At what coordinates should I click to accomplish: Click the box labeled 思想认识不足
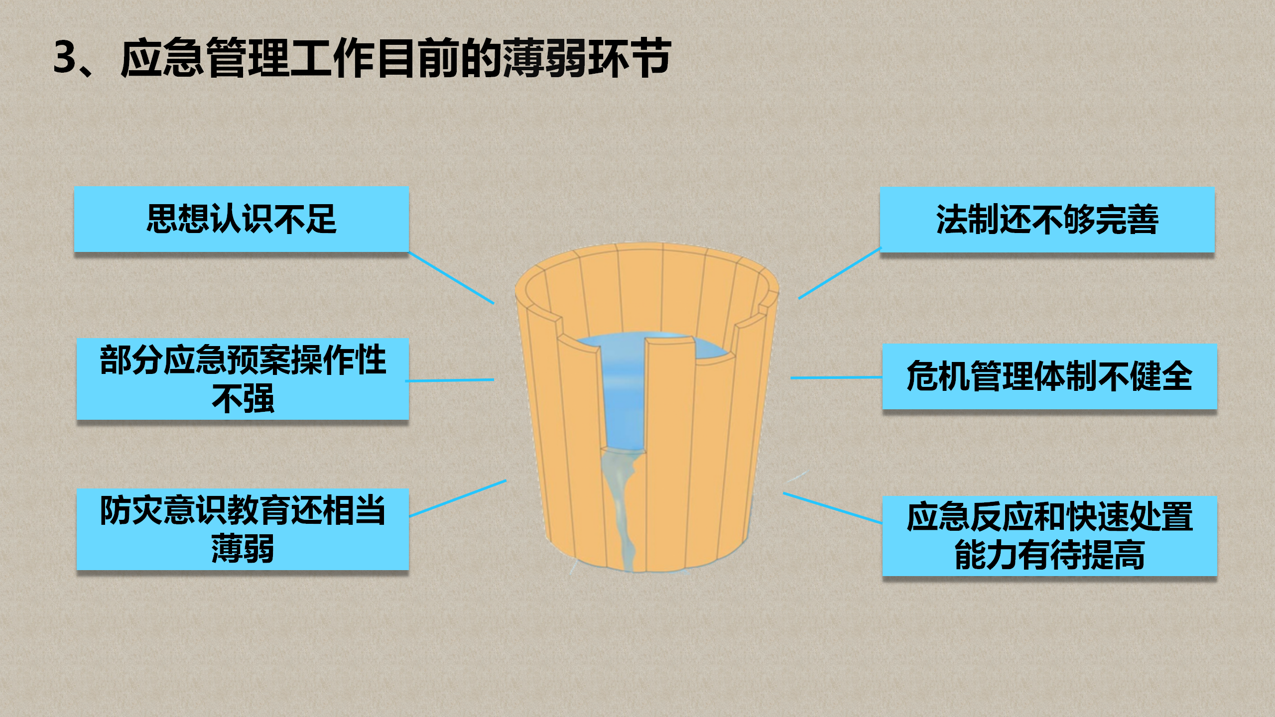(x=242, y=219)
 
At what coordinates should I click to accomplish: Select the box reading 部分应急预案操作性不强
(x=243, y=379)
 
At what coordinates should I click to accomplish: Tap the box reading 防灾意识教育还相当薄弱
(x=243, y=529)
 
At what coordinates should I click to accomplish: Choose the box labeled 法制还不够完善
(x=1047, y=220)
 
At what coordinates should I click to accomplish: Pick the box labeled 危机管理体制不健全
(x=1049, y=376)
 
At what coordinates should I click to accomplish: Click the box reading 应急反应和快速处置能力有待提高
(x=1049, y=536)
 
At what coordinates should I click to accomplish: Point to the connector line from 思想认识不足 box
(x=451, y=278)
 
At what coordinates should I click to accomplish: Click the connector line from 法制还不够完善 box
(x=840, y=273)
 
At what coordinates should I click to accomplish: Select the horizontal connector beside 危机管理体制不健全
(x=837, y=377)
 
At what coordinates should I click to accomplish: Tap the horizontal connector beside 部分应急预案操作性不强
(x=450, y=380)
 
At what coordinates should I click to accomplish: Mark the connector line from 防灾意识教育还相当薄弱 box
(x=458, y=498)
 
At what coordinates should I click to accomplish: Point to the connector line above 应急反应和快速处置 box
(x=833, y=508)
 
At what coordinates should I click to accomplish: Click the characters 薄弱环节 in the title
(x=587, y=58)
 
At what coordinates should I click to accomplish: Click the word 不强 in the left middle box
(x=243, y=399)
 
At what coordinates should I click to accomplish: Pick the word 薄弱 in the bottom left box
(x=243, y=549)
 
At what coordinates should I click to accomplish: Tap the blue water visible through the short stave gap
(x=625, y=398)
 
